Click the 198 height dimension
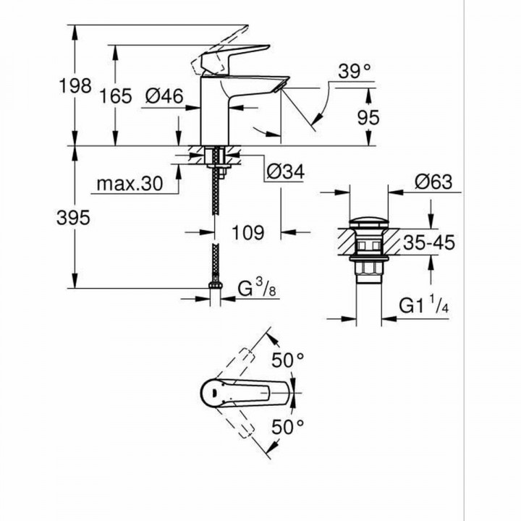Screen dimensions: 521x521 75,86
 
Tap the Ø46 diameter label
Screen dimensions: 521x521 163,96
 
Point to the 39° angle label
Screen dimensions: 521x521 355,71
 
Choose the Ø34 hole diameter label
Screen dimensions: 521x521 284,171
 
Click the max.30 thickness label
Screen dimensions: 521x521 129,184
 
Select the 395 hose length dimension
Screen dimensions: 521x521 75,217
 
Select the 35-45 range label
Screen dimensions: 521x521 428,243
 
